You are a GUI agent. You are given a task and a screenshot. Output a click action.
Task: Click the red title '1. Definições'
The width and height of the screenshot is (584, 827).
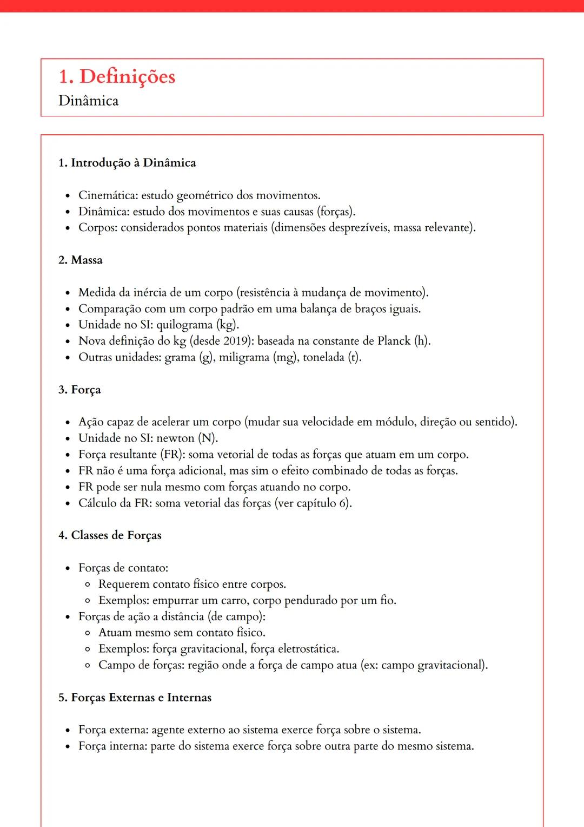tap(117, 77)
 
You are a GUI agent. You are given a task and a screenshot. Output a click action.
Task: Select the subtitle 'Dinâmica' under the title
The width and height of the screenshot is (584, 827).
tap(88, 101)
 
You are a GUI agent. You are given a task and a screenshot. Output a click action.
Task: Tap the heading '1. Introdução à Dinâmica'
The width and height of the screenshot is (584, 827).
tap(127, 163)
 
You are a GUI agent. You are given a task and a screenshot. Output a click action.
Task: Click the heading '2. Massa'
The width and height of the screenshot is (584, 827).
tap(80, 260)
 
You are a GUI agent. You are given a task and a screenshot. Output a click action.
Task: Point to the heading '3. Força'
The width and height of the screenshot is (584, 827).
tap(79, 390)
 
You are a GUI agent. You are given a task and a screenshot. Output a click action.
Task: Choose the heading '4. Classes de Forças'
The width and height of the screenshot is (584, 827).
tap(110, 535)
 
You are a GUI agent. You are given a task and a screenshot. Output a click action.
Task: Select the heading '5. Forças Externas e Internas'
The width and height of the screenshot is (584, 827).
tap(135, 698)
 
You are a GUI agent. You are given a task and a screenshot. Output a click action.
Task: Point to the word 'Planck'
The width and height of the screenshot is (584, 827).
tap(394, 341)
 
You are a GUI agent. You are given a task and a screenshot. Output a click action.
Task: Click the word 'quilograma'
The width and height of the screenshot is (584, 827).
tap(184, 325)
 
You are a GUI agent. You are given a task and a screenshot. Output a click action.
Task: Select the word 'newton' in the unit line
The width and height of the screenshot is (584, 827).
tap(175, 438)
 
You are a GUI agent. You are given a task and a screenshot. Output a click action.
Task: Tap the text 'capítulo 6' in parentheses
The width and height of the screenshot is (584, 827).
tap(322, 503)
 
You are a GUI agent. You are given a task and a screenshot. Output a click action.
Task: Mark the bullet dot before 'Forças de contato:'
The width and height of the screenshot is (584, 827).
tap(68, 569)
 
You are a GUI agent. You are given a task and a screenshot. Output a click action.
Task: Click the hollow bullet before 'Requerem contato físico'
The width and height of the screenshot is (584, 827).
tap(88, 585)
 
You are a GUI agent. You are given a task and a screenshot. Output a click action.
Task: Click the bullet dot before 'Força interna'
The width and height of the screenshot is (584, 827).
tap(68, 747)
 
